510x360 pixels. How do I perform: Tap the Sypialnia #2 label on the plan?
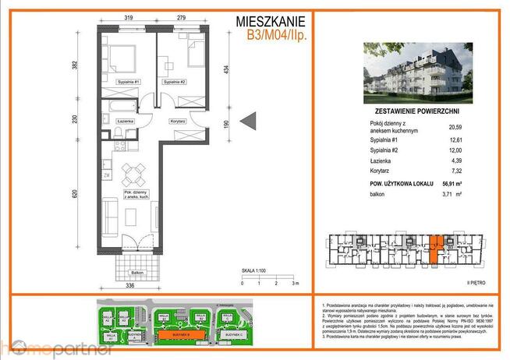[174, 82]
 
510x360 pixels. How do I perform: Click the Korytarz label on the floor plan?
[178, 122]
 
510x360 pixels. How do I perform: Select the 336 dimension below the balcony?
[132, 286]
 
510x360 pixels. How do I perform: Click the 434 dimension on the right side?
[227, 70]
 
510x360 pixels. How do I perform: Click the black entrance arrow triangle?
[247, 122]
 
